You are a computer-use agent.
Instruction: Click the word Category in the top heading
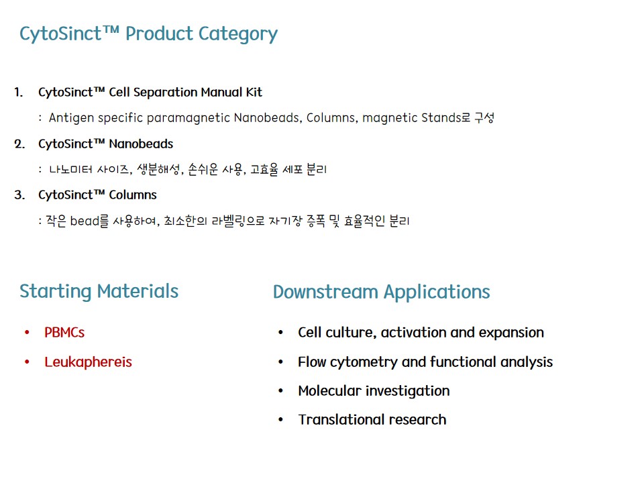pos(238,34)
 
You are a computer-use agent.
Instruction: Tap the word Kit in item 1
pos(254,92)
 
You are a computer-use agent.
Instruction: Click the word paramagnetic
pos(188,118)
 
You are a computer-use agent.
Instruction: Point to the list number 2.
pos(19,144)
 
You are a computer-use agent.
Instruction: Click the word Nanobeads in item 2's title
pos(141,144)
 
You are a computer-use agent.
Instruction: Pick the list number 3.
pos(19,195)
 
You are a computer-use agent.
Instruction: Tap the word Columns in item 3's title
pos(133,195)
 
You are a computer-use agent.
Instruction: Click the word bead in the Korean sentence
pos(85,221)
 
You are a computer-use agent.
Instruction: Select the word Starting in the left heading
pos(56,292)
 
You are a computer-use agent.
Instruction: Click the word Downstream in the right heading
pos(325,292)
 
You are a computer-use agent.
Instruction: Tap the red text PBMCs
pos(64,332)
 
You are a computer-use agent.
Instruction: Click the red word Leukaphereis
pos(89,362)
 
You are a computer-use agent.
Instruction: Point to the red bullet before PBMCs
pos(27,332)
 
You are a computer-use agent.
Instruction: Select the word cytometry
pos(364,362)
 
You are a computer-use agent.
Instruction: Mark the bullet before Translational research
pos(281,420)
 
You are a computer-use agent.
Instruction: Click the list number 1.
pos(18,92)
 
